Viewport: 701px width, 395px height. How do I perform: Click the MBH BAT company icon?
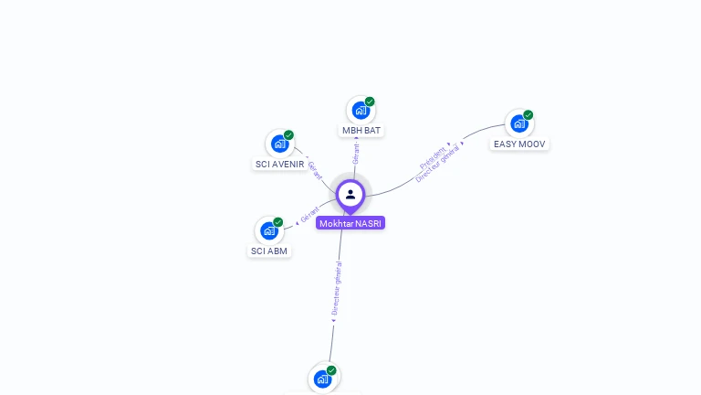(x=361, y=111)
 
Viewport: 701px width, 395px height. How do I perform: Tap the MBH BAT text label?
(x=361, y=131)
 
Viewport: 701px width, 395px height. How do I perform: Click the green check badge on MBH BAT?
(x=370, y=101)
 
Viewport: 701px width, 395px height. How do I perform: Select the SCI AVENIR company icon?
(x=279, y=144)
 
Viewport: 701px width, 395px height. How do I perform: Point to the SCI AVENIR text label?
(x=279, y=165)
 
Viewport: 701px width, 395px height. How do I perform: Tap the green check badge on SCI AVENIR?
(x=288, y=135)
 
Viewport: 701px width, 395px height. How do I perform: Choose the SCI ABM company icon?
(x=269, y=230)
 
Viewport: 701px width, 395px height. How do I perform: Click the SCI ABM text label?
(x=269, y=251)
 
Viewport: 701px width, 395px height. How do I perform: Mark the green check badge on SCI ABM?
(x=278, y=222)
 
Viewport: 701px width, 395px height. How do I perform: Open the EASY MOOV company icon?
(x=518, y=123)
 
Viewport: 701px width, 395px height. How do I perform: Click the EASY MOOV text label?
(x=519, y=144)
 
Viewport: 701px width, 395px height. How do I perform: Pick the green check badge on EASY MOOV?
(x=528, y=115)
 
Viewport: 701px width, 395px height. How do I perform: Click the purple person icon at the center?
(x=350, y=195)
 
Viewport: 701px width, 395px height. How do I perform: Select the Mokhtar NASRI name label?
(x=350, y=223)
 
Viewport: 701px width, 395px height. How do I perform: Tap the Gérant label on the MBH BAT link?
(x=355, y=154)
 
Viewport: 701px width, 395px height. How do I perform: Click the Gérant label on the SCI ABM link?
(x=309, y=216)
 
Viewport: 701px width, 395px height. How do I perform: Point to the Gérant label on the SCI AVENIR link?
(x=314, y=171)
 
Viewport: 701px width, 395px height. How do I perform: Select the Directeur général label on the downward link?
(x=337, y=289)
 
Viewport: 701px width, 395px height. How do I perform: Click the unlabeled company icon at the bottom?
(x=322, y=379)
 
